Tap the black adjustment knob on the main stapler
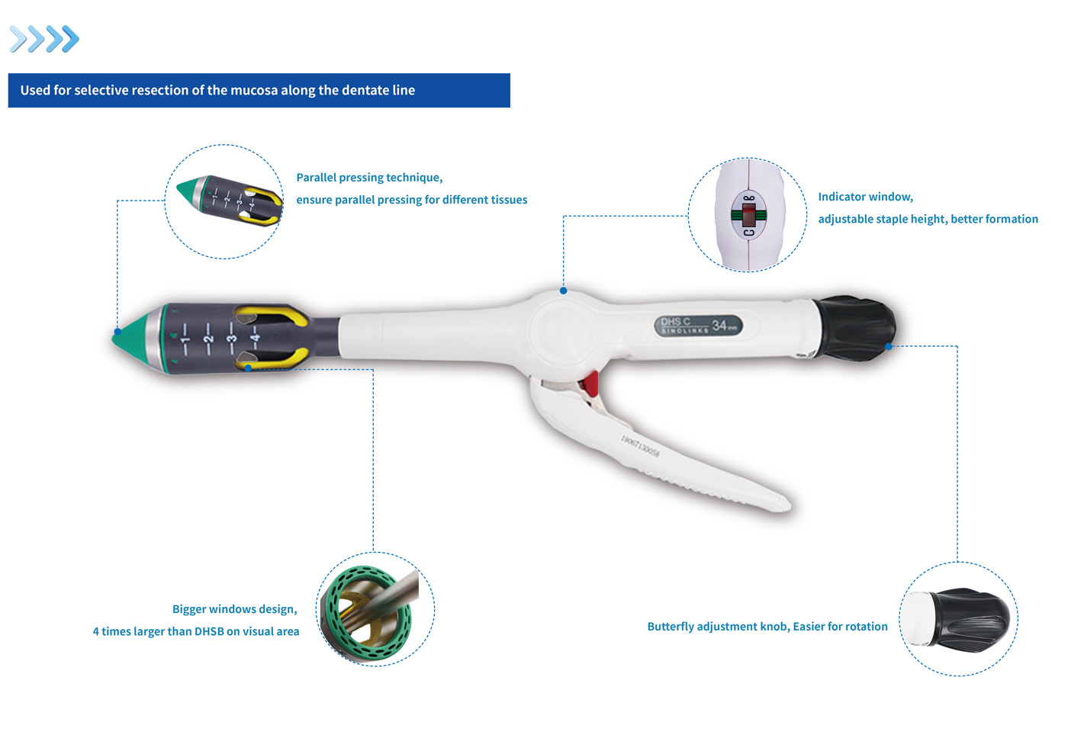pos(854,329)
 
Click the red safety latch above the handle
pos(589,384)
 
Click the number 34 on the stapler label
pos(719,326)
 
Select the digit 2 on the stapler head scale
pos(207,339)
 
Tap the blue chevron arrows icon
pos(44,39)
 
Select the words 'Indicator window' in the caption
pos(865,197)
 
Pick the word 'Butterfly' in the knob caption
pos(675,627)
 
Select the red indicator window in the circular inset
pos(748,214)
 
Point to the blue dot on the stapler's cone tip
pos(117,332)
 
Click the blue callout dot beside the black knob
pos(889,346)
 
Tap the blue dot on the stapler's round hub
pos(563,290)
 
